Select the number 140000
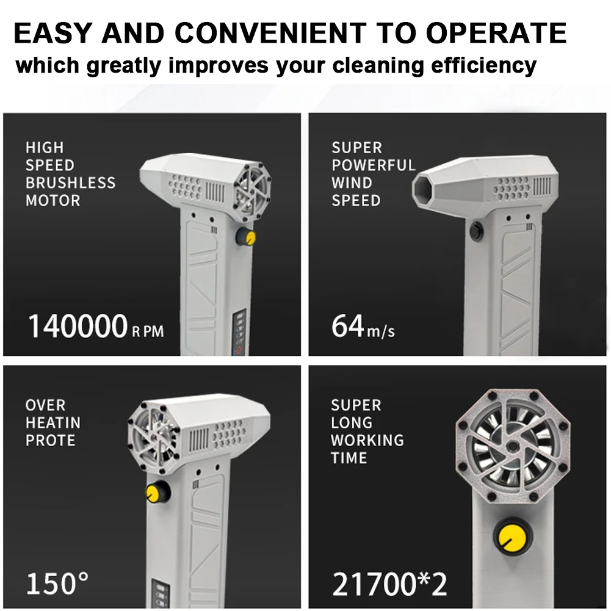pos(78,327)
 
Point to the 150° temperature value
pos(57,584)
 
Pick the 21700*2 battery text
pos(389,584)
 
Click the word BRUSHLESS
pos(70,183)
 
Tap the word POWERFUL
pos(373,165)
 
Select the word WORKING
pos(367,440)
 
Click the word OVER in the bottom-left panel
pos(45,405)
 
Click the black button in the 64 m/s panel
pos(476,231)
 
